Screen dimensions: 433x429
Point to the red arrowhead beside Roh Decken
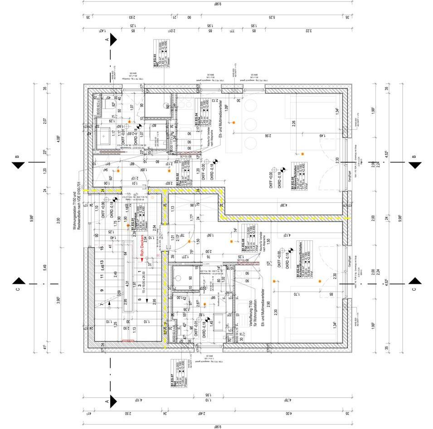tap(141, 259)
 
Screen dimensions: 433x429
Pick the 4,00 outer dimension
tap(289, 414)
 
